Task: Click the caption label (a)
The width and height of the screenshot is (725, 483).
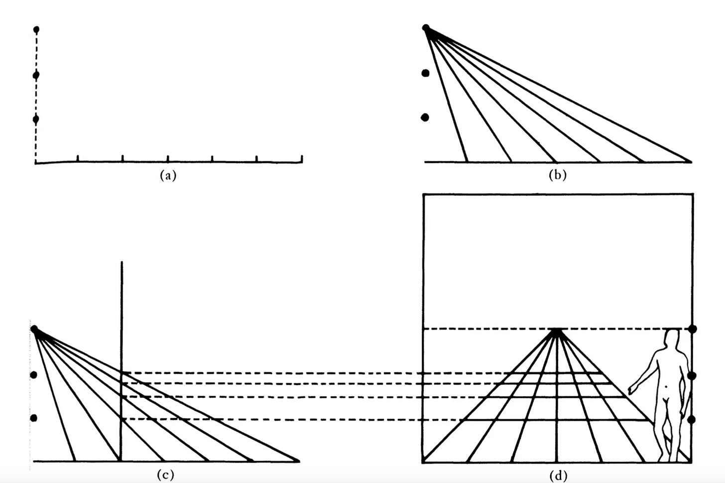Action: (x=168, y=175)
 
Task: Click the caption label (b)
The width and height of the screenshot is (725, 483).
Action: (x=557, y=175)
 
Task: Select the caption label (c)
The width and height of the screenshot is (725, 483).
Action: (x=165, y=475)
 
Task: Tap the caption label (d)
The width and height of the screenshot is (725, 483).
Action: (x=558, y=476)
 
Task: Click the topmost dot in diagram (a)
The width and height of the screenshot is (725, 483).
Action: (x=36, y=30)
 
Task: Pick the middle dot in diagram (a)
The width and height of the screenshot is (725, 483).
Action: (x=36, y=75)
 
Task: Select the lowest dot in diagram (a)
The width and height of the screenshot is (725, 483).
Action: (x=36, y=119)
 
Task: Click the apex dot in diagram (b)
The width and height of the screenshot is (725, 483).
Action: (x=426, y=27)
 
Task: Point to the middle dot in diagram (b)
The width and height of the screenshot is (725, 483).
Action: (x=425, y=73)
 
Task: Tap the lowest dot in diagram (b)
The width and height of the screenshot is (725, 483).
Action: (x=425, y=118)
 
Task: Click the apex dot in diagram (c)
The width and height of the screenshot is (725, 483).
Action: (x=34, y=329)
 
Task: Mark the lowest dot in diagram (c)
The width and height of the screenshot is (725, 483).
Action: (x=34, y=418)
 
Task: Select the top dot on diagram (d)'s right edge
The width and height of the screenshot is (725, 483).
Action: (x=692, y=329)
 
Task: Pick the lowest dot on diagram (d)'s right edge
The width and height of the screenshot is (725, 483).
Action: (x=691, y=420)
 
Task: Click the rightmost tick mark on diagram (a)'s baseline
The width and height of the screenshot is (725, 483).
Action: (x=302, y=159)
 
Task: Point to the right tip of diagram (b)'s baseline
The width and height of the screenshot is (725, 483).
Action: (x=690, y=162)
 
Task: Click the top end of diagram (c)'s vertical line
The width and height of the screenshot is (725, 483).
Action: (x=122, y=262)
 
